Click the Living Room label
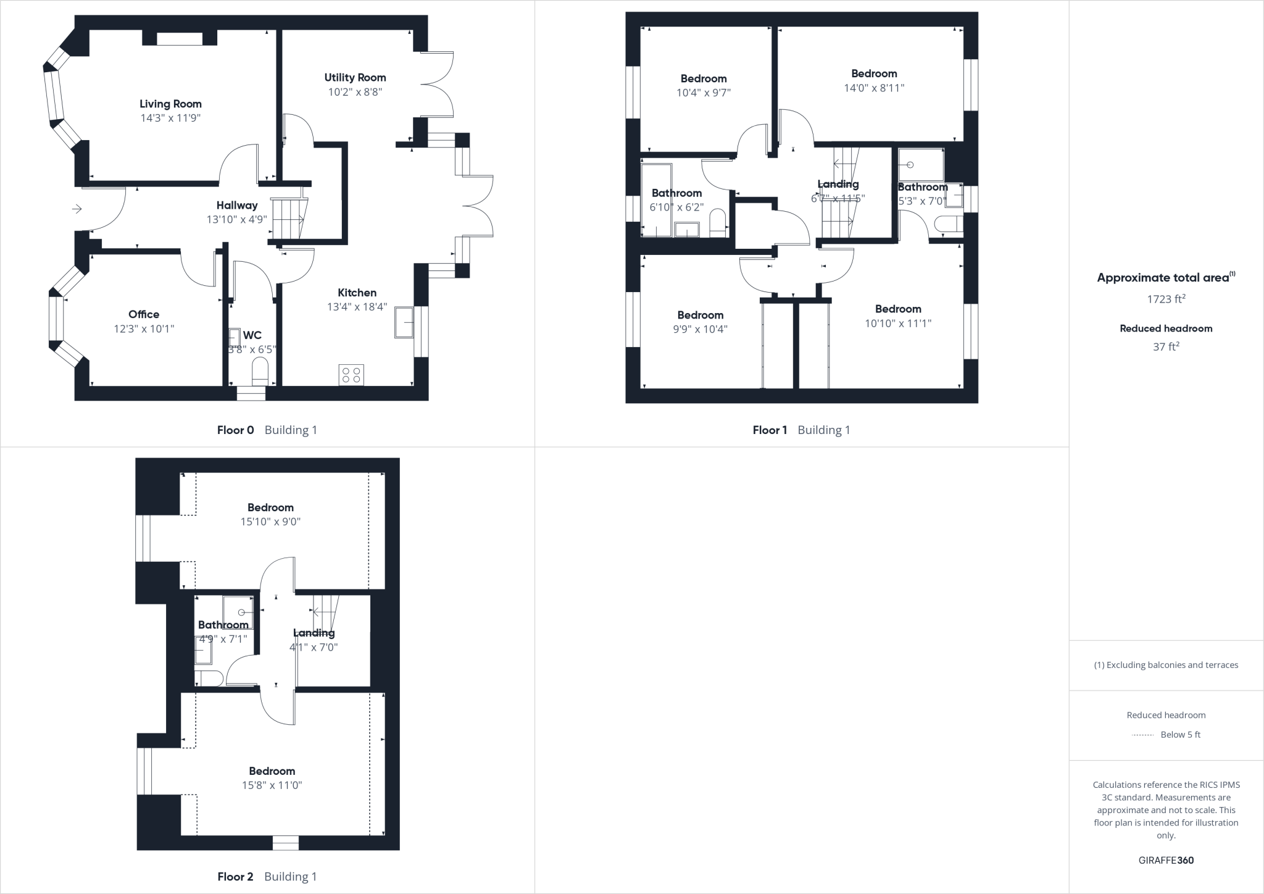pos(170,104)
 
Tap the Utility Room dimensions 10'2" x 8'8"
pos(355,92)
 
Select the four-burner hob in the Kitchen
pos(351,375)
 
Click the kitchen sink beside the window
pos(404,322)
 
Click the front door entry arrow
pos(77,209)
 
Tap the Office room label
pos(144,314)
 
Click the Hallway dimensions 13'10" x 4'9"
pos(236,219)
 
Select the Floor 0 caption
pos(235,430)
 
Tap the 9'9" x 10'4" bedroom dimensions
pos(700,329)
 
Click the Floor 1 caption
pos(770,430)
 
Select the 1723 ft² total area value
pos(1166,299)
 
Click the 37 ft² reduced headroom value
pos(1166,347)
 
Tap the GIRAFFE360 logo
pos(1166,860)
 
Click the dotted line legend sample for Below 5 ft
pos(1142,735)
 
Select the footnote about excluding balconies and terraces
pos(1166,665)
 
